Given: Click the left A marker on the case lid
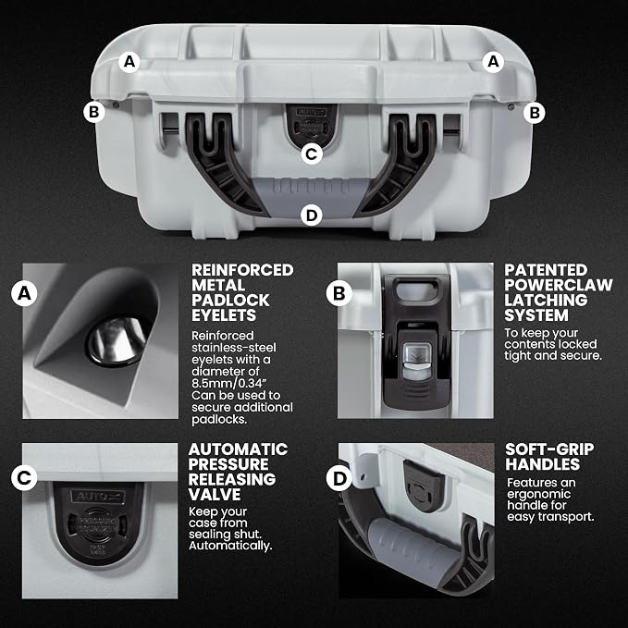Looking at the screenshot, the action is pyautogui.click(x=129, y=62).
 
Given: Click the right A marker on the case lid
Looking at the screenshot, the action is pyautogui.click(x=493, y=62).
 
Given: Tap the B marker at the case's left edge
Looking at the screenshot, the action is pyautogui.click(x=93, y=112).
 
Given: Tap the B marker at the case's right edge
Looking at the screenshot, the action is pyautogui.click(x=535, y=113).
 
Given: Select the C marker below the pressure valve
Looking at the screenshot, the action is pyautogui.click(x=311, y=154).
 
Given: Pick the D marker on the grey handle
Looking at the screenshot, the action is pyautogui.click(x=311, y=215).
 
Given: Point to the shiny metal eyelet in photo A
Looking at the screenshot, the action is pyautogui.click(x=117, y=341).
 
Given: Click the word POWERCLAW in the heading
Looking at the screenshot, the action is pyautogui.click(x=559, y=285).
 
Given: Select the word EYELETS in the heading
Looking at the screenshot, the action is pyautogui.click(x=224, y=315).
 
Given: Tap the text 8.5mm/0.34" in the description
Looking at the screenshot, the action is pyautogui.click(x=229, y=383).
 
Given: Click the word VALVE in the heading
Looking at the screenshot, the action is pyautogui.click(x=215, y=494).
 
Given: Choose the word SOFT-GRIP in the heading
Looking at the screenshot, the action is pyautogui.click(x=549, y=449).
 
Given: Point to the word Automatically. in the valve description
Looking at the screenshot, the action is pyautogui.click(x=230, y=546).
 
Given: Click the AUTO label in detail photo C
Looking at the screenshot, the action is pyautogui.click(x=98, y=497).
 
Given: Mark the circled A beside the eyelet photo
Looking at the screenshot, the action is pyautogui.click(x=24, y=293).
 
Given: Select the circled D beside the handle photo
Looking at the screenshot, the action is pyautogui.click(x=339, y=478).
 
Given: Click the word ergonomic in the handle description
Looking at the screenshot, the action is pyautogui.click(x=538, y=494).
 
